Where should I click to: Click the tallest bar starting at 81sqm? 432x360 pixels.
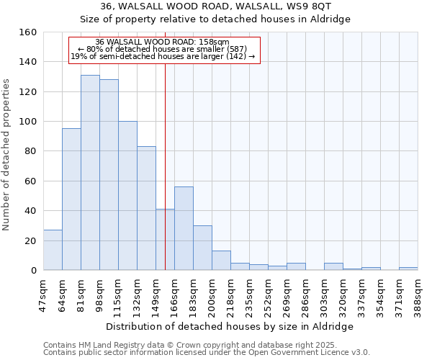pyautogui.click(x=90, y=173)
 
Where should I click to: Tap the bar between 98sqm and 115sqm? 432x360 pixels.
pyautogui.click(x=109, y=175)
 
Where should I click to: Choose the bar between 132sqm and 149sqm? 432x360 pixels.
pyautogui.click(x=146, y=208)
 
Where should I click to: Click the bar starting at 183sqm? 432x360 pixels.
pyautogui.click(x=202, y=248)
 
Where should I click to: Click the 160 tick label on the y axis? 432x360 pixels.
pyautogui.click(x=29, y=32)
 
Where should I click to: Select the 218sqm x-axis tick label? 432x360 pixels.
pyautogui.click(x=230, y=294)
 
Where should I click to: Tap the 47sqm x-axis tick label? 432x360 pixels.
pyautogui.click(x=43, y=294)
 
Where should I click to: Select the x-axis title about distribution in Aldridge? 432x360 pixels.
pyautogui.click(x=230, y=326)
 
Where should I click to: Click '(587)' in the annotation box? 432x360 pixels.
pyautogui.click(x=235, y=49)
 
